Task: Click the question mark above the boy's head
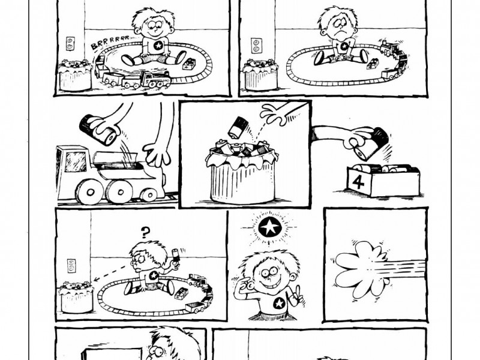click(146, 233)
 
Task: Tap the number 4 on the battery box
click(358, 182)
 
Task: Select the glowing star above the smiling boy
click(269, 227)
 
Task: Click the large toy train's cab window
click(76, 161)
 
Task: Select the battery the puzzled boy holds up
click(176, 254)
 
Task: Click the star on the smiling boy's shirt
click(278, 304)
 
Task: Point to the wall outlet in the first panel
click(70, 43)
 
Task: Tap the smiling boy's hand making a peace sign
click(295, 294)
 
